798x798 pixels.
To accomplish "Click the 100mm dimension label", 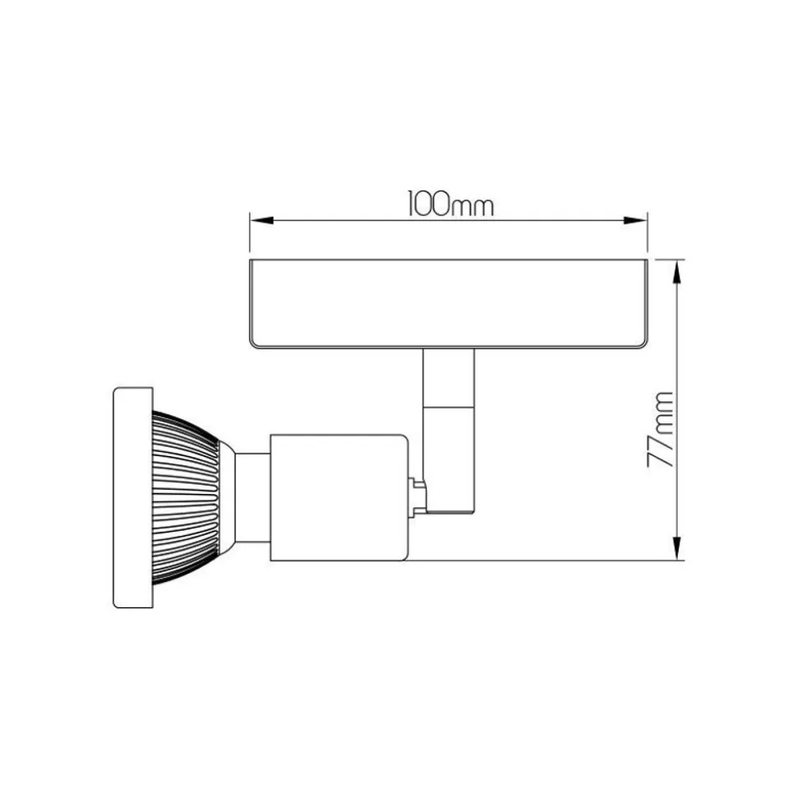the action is pos(451,204).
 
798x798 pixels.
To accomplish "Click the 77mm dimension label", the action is pos(661,429).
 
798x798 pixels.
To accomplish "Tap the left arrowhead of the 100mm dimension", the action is pos(262,220).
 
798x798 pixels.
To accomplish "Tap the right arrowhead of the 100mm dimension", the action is pos(635,220).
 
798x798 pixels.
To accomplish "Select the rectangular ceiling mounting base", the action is pos(448,304).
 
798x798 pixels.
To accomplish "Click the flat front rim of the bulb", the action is pos(132,497).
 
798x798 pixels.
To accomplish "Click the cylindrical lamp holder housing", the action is pos(339,497).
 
